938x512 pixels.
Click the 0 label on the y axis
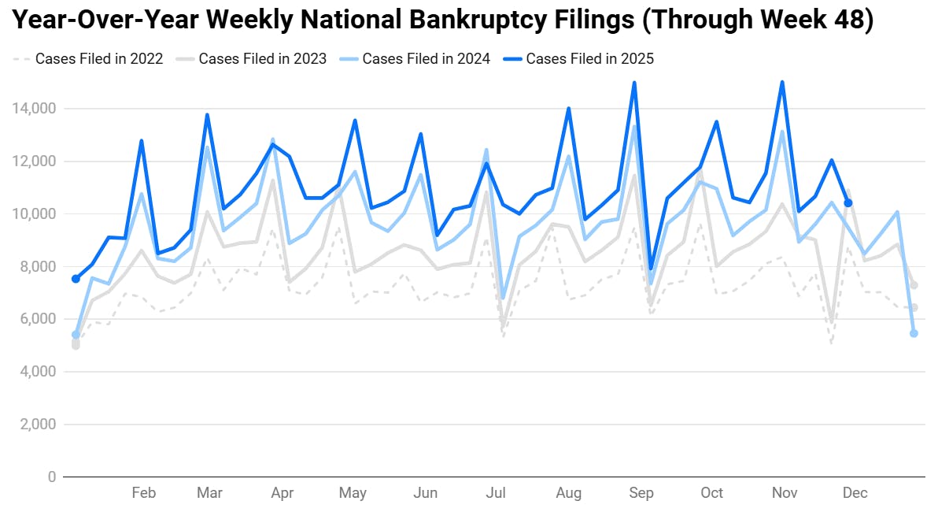click(52, 477)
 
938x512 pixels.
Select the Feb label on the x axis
click(143, 494)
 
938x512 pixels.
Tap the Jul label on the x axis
click(496, 494)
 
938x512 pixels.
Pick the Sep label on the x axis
click(641, 494)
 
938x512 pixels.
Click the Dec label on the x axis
click(855, 494)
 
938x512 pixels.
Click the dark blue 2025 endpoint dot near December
click(848, 203)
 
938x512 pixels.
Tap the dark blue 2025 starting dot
click(76, 279)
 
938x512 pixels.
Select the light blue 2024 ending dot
click(914, 333)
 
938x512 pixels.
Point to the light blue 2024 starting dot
click(76, 335)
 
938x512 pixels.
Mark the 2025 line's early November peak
click(781, 82)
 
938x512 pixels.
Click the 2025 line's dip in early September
click(651, 268)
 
